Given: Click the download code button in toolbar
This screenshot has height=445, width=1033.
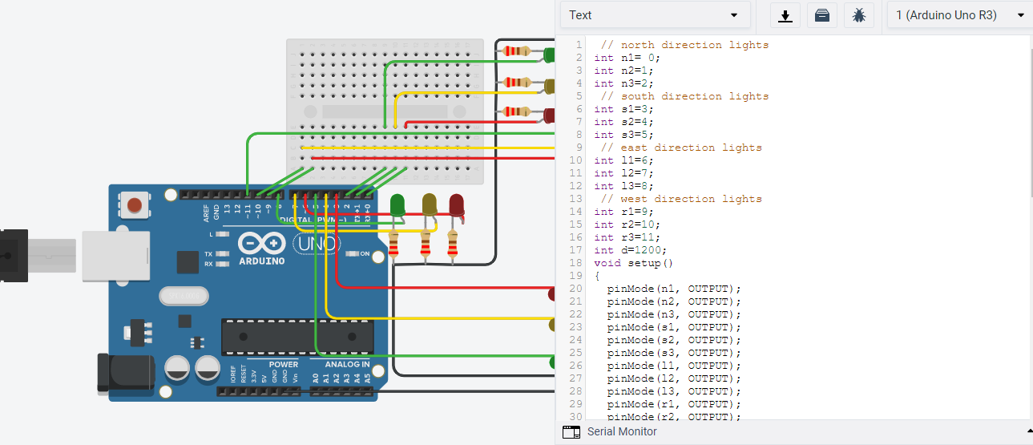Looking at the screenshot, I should (785, 15).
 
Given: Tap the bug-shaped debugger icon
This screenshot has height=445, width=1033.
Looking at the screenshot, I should (858, 15).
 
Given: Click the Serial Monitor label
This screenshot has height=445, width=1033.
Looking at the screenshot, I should (621, 431).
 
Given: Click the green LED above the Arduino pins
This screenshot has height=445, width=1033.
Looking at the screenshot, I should (397, 205).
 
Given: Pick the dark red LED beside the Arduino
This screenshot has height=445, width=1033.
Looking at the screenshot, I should (456, 205).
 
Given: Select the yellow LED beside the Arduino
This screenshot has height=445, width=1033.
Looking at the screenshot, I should (430, 205).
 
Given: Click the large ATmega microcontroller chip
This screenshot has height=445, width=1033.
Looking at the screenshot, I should (297, 337).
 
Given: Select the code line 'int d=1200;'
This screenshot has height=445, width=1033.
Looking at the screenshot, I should (630, 250).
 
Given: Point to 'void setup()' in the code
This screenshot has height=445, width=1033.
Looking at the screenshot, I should (634, 263).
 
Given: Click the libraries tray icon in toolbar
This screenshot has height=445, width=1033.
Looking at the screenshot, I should (821, 15).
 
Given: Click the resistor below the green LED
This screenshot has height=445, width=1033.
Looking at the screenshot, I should (393, 246).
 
